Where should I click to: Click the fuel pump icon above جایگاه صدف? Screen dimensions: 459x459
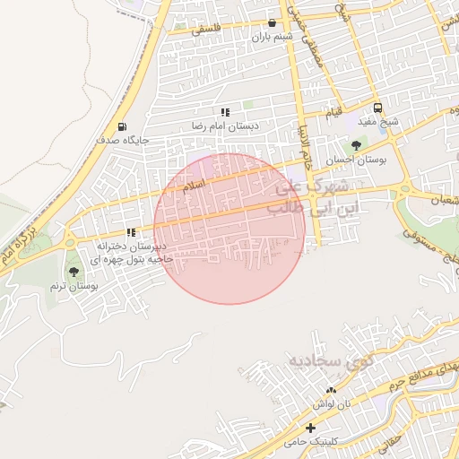point(122,126)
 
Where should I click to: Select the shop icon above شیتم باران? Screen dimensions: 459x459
point(273,23)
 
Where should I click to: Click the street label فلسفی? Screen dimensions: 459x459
point(199,27)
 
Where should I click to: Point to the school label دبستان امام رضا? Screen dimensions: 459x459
point(225,126)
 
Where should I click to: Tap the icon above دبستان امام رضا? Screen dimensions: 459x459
point(225,113)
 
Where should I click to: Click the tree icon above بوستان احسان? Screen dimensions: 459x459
point(356,144)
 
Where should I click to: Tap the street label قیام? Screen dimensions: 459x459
point(332,112)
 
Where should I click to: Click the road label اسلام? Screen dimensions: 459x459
point(194,186)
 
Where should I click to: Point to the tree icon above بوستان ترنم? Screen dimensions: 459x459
point(73,272)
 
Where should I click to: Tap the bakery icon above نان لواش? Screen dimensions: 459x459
point(332,390)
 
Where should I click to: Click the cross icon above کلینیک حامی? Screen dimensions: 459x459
point(310,429)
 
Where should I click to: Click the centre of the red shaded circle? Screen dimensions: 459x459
point(229,229)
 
